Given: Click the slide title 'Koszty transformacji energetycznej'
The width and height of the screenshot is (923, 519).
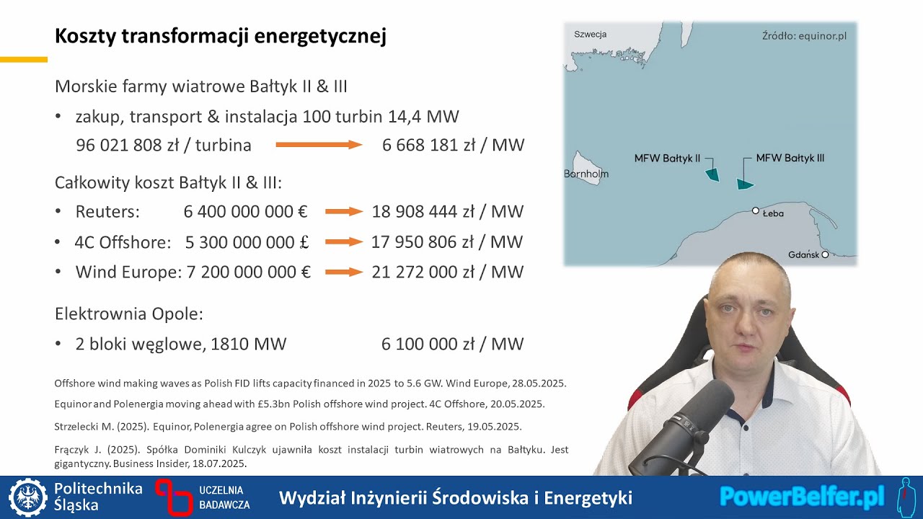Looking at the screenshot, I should [221, 36].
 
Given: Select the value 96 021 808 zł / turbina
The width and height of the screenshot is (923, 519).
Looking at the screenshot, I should [164, 146].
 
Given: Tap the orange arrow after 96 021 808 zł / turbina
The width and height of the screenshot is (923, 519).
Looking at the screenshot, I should [318, 146].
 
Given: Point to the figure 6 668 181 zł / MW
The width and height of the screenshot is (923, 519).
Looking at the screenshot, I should [453, 146].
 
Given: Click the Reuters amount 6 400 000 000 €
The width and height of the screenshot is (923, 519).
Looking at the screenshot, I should [245, 212].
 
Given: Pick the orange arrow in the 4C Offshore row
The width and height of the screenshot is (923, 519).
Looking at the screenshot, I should [343, 242].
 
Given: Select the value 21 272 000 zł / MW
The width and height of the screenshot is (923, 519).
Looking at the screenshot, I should [447, 272].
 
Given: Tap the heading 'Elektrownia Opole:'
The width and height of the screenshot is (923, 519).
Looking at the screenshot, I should [129, 314].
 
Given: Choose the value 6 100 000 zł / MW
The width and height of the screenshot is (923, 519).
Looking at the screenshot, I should [452, 345].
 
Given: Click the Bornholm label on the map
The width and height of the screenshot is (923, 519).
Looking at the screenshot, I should [586, 174].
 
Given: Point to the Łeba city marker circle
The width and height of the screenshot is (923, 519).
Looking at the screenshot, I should [756, 210].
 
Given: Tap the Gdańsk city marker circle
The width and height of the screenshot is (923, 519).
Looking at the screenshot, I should [825, 254].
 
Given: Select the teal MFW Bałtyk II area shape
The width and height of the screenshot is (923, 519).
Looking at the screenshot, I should [712, 174].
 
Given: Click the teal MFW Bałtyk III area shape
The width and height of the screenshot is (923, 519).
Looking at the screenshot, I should [744, 184].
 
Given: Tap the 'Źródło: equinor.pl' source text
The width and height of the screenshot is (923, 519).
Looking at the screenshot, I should [804, 36].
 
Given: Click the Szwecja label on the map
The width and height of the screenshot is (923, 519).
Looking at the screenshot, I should [590, 34].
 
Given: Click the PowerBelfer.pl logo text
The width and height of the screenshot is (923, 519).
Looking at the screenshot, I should [802, 497].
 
